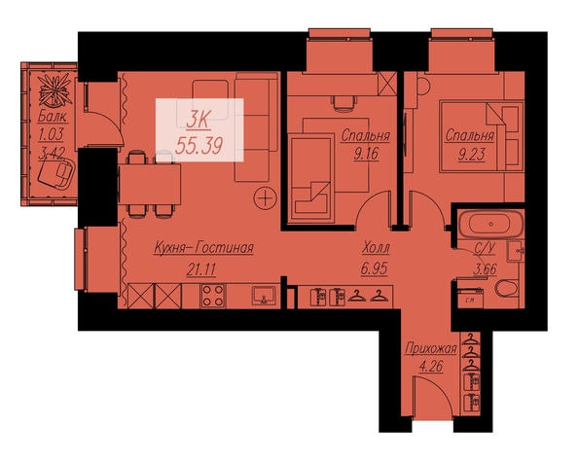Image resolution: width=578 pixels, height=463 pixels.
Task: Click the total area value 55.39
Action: point(199,146)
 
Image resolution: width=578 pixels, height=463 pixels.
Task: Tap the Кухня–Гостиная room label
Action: point(203,248)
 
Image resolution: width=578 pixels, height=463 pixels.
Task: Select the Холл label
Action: point(376,248)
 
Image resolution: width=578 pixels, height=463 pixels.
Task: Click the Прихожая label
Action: point(431,348)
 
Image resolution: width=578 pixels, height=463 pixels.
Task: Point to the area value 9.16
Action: point(366,154)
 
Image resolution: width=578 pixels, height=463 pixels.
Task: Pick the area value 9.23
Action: point(472,155)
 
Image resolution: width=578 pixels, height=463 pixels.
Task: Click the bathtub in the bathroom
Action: point(490,224)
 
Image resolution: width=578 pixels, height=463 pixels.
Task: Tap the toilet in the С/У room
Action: point(507,289)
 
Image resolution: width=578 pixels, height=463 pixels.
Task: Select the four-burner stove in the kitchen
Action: point(213,296)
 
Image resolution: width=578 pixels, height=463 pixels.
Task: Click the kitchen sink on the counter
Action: point(264,296)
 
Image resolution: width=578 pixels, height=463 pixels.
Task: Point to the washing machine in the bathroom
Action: point(470,298)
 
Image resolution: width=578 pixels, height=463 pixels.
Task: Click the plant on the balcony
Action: point(55,89)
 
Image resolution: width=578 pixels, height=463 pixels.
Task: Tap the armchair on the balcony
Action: point(56,172)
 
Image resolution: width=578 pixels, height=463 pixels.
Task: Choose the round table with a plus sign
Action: point(265,198)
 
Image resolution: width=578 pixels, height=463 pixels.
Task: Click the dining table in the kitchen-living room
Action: point(149,185)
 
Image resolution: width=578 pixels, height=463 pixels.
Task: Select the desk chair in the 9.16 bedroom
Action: point(344,103)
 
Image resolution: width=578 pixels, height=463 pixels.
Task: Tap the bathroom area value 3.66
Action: point(485,269)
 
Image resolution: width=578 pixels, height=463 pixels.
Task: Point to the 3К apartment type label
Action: point(199,120)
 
